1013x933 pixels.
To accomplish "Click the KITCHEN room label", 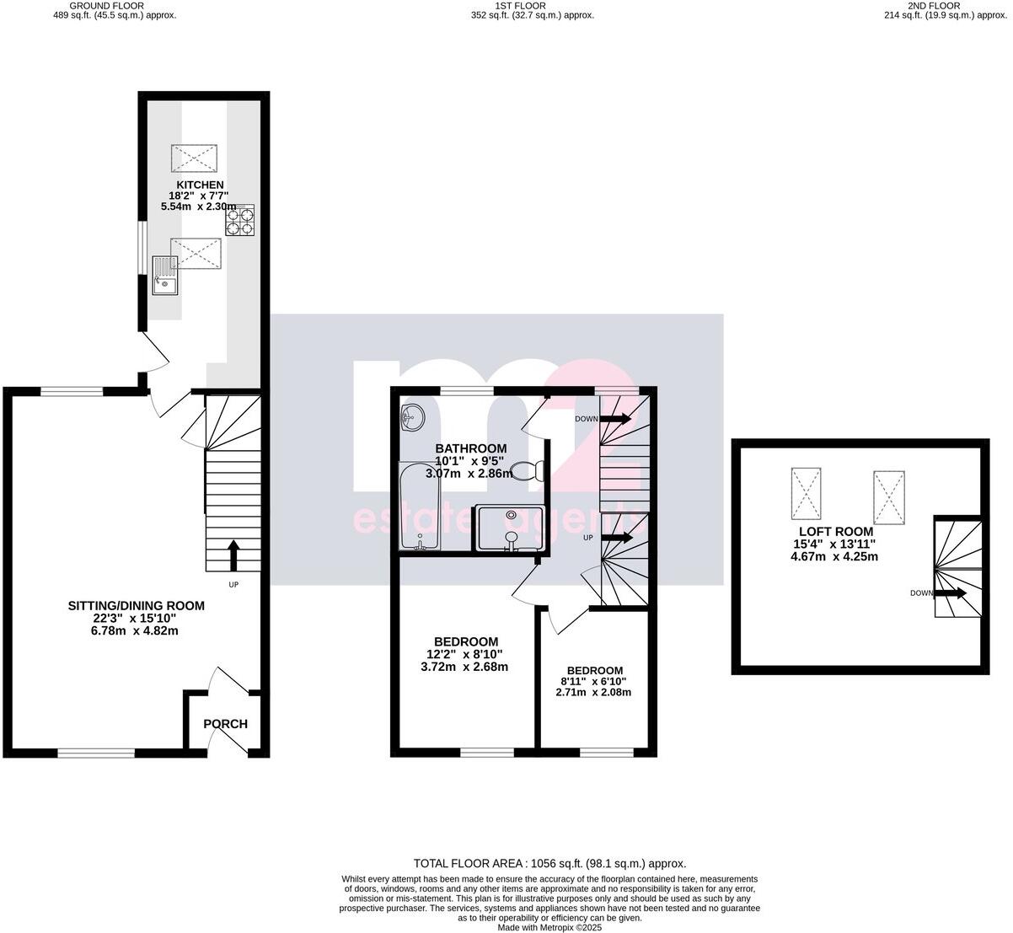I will [x=200, y=185].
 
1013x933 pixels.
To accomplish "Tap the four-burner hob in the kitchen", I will [x=239, y=221].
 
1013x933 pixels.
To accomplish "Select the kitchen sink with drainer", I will [x=165, y=276].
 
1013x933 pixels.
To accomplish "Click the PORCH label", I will [x=226, y=724].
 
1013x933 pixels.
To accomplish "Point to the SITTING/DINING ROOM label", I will [x=137, y=605].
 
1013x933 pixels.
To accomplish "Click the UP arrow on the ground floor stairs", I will [x=233, y=555].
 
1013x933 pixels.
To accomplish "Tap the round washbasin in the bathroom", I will [x=413, y=416].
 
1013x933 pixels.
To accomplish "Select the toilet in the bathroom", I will [x=531, y=471].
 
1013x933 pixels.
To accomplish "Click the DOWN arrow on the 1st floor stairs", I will [x=615, y=418].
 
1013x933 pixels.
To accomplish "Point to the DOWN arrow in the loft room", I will [x=953, y=593].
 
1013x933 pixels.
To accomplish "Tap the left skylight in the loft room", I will [x=804, y=494].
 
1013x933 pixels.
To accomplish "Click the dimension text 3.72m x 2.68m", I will [x=464, y=667].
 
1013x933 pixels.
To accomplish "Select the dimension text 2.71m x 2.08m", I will [x=593, y=692].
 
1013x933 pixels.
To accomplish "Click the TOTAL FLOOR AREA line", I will [x=549, y=863].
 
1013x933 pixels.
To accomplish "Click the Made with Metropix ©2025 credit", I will [x=549, y=927].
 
